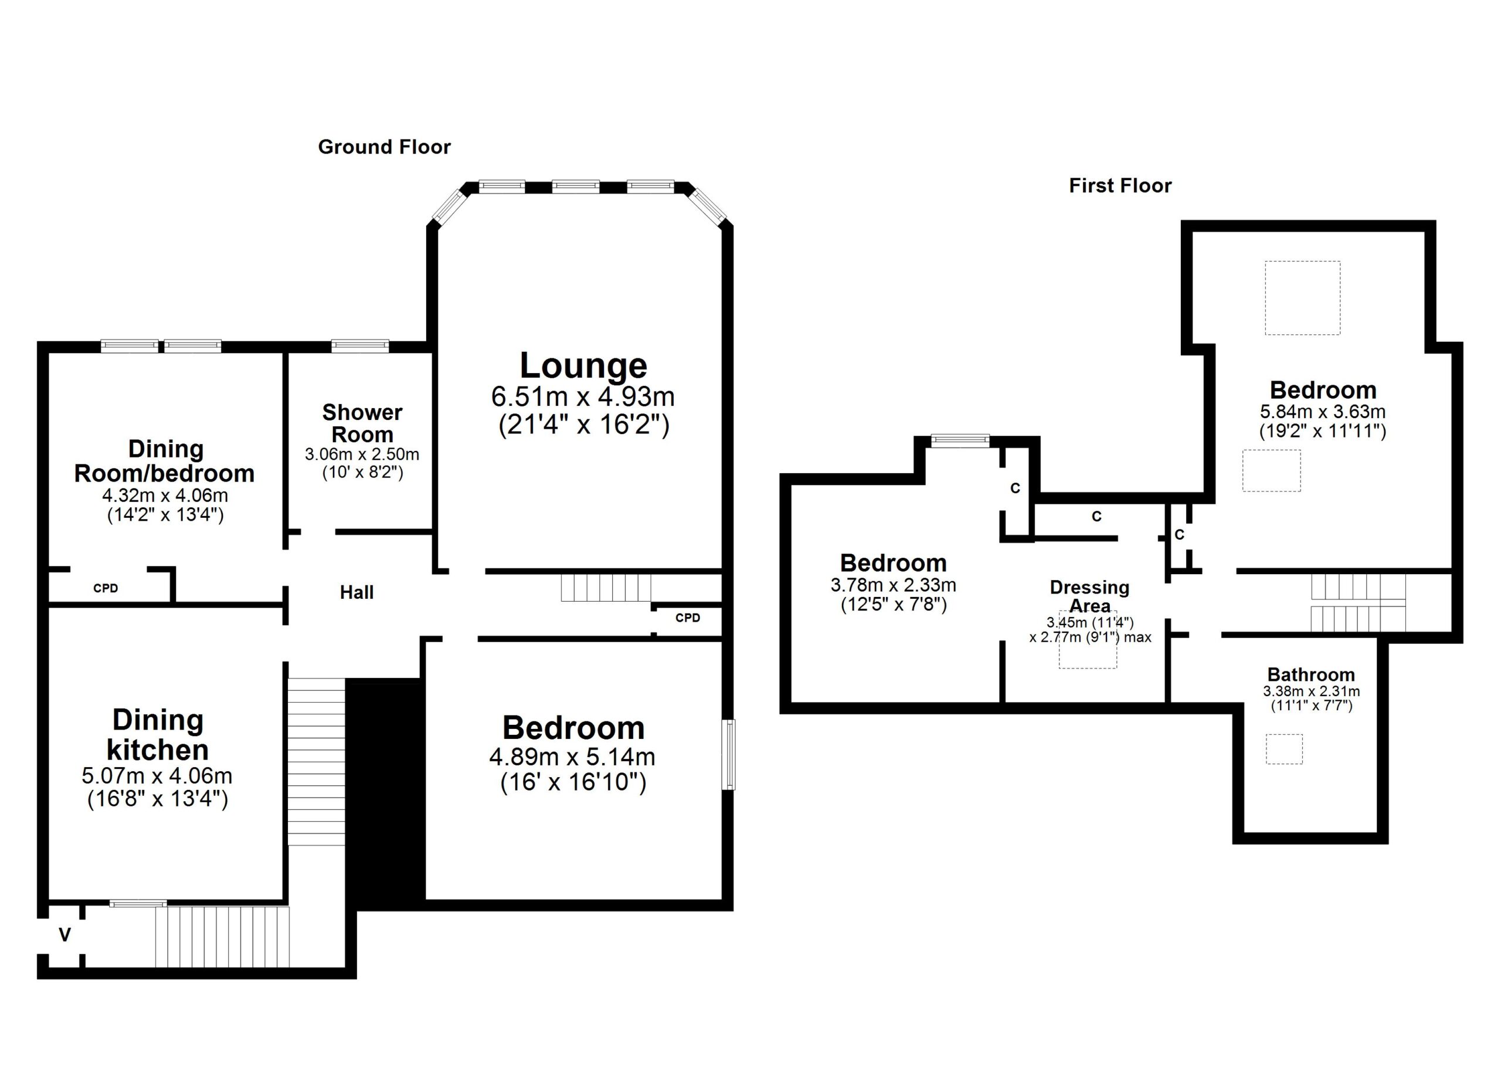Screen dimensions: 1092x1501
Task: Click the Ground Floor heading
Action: click(x=384, y=147)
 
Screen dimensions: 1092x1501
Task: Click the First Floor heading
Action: click(x=1120, y=186)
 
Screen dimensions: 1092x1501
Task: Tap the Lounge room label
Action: click(x=583, y=366)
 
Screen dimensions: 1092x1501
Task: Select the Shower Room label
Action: click(x=362, y=423)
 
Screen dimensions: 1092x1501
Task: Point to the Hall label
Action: click(x=356, y=592)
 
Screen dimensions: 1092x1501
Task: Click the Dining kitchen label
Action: click(x=158, y=735)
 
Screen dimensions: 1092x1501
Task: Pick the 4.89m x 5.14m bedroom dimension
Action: click(x=572, y=757)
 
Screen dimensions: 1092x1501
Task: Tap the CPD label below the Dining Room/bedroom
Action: click(x=106, y=588)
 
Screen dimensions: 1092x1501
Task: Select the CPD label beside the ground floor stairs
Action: click(x=688, y=618)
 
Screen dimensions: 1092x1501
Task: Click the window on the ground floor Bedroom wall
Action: click(x=728, y=754)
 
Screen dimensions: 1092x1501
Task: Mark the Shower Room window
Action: click(x=360, y=345)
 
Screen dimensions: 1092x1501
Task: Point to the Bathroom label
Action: click(x=1311, y=675)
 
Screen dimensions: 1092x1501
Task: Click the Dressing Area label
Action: click(x=1089, y=596)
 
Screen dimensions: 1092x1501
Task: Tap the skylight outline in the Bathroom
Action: click(x=1284, y=749)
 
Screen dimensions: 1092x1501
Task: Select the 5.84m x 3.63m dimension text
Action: click(x=1322, y=412)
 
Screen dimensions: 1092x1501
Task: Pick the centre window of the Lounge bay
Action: click(x=576, y=186)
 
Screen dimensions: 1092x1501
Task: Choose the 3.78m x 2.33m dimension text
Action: click(x=893, y=585)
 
